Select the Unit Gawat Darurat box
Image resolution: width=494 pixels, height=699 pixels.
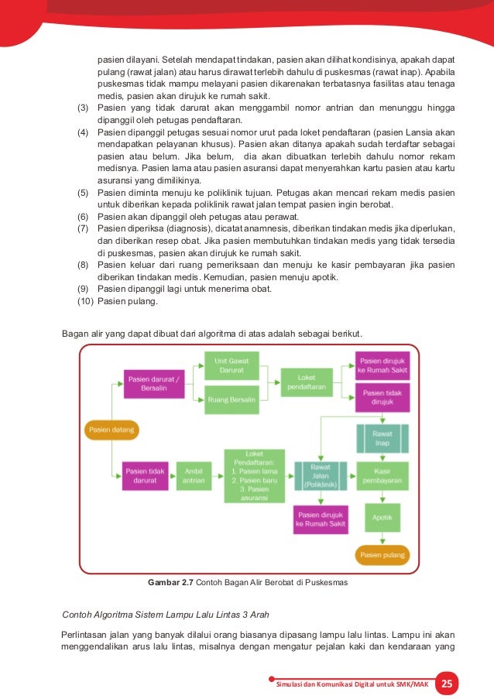[232, 365]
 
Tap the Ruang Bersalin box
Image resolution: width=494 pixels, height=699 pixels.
[232, 399]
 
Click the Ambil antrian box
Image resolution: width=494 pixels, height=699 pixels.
[194, 475]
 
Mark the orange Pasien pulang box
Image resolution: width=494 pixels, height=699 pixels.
[382, 554]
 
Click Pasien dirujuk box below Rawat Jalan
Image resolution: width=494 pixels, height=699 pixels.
[321, 519]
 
